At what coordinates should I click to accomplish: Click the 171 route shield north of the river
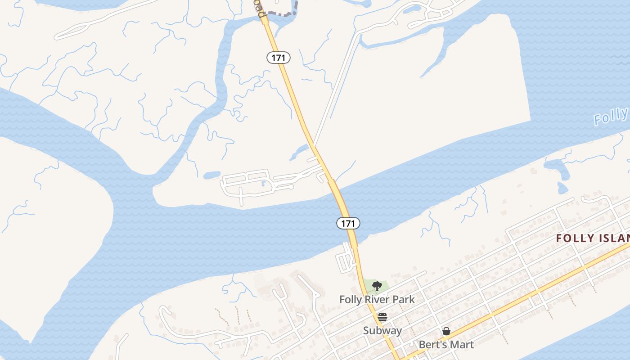coord(279,58)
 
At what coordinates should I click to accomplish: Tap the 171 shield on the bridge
coord(348,223)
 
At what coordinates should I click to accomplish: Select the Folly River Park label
coord(377,299)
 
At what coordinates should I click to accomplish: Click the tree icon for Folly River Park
coord(377,286)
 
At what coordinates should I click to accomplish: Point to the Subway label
coord(382,330)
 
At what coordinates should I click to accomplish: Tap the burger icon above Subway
coord(382,317)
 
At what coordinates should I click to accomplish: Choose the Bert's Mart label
coord(446,345)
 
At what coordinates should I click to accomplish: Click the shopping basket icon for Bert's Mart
coord(446,332)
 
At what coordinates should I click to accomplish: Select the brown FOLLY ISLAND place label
coord(592,238)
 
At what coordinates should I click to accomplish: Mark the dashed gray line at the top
coord(281,13)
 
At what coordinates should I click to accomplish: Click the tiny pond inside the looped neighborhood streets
coord(263,183)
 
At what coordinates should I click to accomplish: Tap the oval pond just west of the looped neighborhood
coord(211,175)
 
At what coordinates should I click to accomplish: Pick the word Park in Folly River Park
coord(403,299)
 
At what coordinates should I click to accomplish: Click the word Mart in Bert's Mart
coord(462,345)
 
